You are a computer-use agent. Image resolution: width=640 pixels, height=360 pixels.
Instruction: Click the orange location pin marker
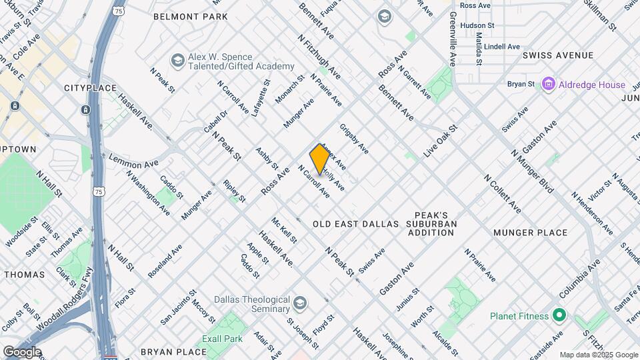pos(320,159)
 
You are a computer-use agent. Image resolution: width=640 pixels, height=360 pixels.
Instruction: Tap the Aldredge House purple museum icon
pos(549,85)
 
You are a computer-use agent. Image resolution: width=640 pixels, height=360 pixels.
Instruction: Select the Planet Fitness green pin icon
pos(558,315)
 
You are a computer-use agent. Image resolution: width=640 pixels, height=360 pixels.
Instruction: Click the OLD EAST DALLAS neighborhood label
pos(355,224)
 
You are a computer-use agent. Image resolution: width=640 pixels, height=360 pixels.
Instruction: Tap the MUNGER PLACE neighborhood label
pos(531,233)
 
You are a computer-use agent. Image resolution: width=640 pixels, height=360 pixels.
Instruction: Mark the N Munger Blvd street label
pos(533,171)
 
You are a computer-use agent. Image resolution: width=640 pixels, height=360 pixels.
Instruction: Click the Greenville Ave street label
pos(452,39)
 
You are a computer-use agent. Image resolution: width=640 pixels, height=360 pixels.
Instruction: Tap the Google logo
pos(22,352)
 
